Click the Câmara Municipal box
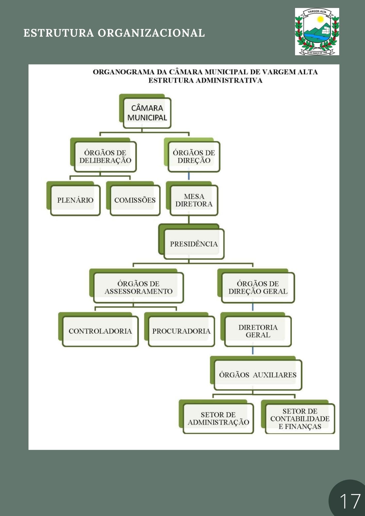pos(145,111)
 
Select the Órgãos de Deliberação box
pos(103,155)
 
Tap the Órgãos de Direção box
pos(192,155)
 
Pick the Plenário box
pos(73,199)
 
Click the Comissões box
pos(133,199)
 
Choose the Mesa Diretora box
pos(192,199)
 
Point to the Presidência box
pos(191,242)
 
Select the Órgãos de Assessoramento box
pos(137,286)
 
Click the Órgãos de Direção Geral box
pos(256,286)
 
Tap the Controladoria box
pos(98,329)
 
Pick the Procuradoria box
pos(179,329)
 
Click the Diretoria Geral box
pos(256,329)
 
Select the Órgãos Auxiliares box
pos(256,373)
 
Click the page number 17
pos(350,501)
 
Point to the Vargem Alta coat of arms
pos(317,31)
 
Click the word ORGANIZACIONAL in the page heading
pos(151,33)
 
